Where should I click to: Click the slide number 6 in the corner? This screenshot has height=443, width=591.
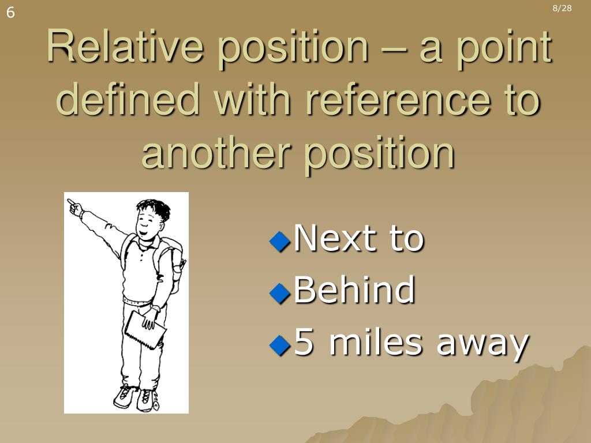coord(10,13)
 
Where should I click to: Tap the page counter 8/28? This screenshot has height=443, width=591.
coord(562,8)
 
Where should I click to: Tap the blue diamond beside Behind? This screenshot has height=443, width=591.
coord(280,292)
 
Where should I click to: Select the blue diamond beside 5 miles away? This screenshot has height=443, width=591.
coord(280,345)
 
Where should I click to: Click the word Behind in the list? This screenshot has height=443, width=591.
coord(354,290)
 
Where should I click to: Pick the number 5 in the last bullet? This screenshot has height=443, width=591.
coord(304,343)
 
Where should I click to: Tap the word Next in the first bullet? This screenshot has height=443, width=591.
coord(330,238)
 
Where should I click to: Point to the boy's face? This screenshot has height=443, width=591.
coord(149,222)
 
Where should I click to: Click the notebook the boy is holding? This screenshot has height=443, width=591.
coord(145,329)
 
